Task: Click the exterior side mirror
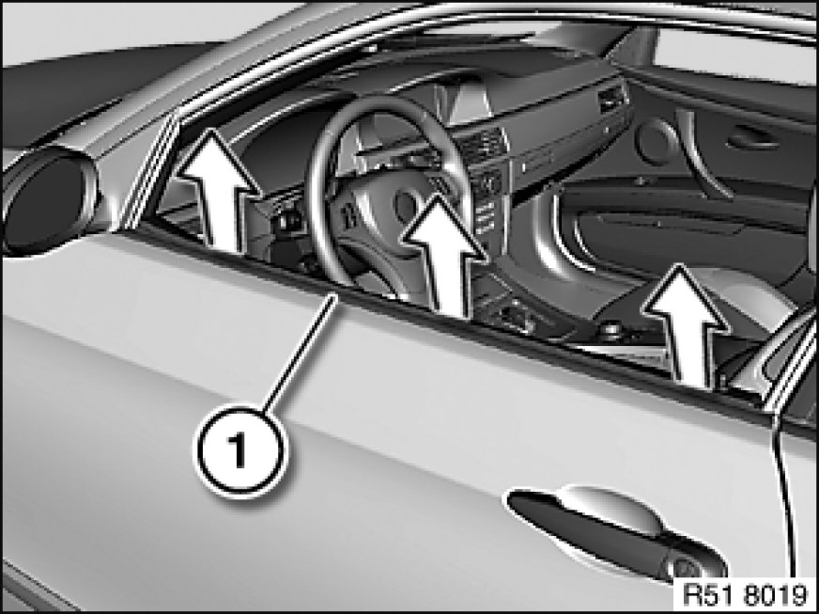click(47, 201)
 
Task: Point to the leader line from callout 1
click(301, 352)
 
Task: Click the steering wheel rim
click(319, 209)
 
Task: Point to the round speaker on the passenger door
click(656, 141)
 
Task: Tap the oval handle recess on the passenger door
click(753, 137)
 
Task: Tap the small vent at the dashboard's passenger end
click(612, 99)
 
